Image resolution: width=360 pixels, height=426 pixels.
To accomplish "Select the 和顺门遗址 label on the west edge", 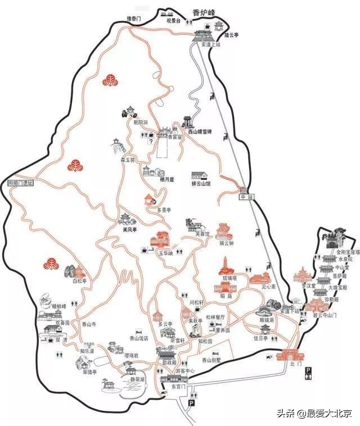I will [21, 183].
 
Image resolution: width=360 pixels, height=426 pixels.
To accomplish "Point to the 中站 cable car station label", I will [244, 197].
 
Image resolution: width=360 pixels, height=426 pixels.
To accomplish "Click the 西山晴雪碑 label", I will [200, 132].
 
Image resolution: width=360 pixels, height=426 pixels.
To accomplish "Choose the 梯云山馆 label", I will [200, 184].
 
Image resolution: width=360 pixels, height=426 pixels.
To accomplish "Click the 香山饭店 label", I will [139, 339].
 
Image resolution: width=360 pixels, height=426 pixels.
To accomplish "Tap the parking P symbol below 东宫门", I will [191, 404].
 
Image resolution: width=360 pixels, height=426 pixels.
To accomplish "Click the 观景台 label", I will [173, 21].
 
